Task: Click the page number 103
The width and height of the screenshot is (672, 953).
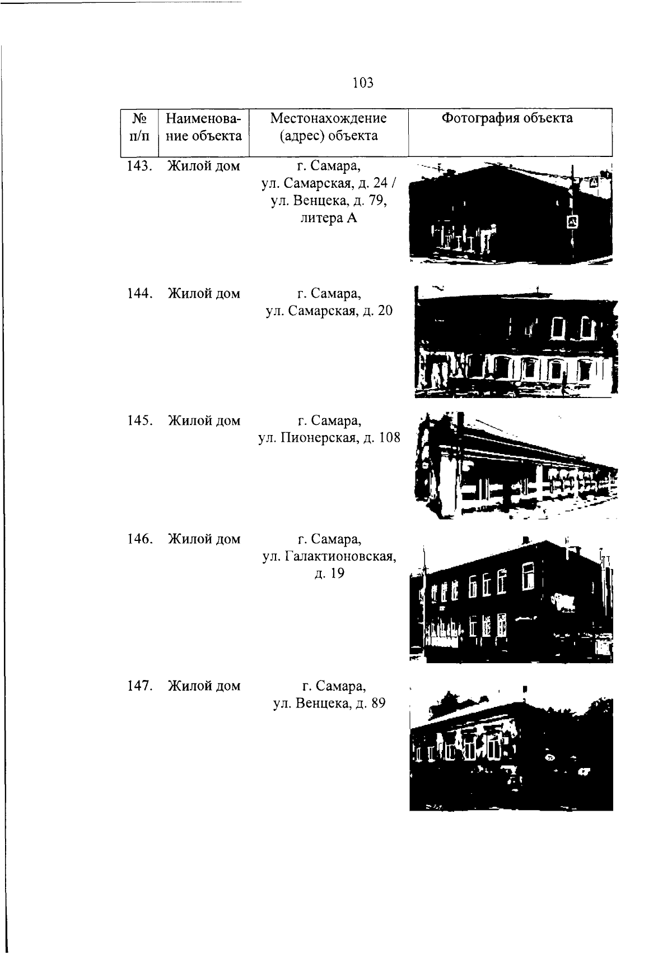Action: (363, 82)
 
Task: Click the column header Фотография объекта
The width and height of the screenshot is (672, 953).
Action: (507, 118)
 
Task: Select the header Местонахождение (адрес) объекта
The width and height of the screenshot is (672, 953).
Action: (329, 127)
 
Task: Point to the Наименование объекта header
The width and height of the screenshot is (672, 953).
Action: (204, 127)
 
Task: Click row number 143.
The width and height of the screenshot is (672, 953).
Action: (140, 166)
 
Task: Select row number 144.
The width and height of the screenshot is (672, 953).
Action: (140, 294)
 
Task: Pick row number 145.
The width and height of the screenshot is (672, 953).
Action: (140, 421)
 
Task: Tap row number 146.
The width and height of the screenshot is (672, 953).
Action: (140, 539)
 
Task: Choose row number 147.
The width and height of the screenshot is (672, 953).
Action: (140, 686)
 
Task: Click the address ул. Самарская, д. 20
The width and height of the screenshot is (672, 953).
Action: (329, 312)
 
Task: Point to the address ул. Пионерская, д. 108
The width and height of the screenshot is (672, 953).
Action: (329, 438)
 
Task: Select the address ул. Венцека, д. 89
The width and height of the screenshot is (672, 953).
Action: (329, 704)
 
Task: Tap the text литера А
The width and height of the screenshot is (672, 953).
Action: (329, 218)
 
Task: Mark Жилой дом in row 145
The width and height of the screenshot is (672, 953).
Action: (204, 421)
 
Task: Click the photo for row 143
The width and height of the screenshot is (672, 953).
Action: (511, 212)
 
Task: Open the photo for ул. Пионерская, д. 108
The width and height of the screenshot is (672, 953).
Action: (516, 465)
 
